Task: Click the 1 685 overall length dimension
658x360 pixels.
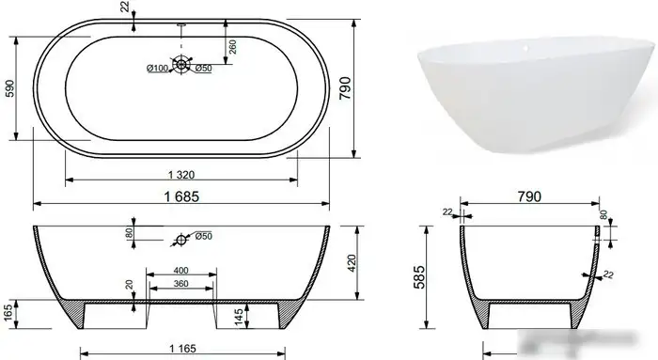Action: tap(181, 196)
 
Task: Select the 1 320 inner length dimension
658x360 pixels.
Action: tap(181, 175)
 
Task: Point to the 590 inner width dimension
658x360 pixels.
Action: tap(9, 88)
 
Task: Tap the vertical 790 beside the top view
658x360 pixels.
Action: tap(345, 87)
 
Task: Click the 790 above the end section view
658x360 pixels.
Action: tap(529, 196)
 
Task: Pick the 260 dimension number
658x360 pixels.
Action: tap(232, 47)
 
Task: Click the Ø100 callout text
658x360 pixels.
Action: tap(157, 69)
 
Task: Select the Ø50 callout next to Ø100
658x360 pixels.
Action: tap(203, 68)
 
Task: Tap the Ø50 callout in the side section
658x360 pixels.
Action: tap(204, 236)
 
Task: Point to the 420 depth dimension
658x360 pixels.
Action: tap(352, 263)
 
